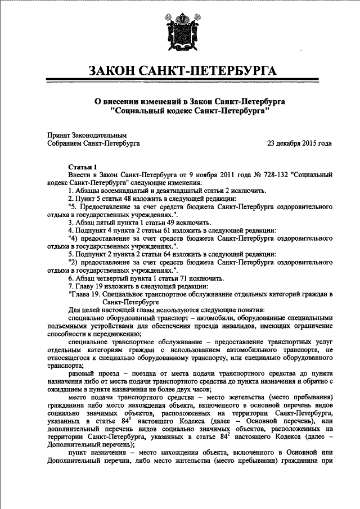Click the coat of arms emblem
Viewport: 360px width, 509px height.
[181, 33]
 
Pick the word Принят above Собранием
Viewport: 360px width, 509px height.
[58, 135]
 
